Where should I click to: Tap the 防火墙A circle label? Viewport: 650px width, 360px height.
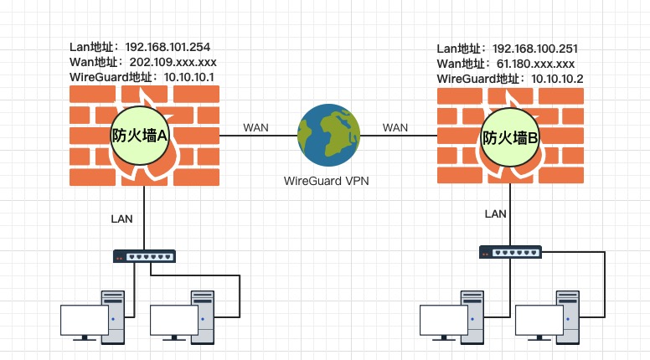(141, 134)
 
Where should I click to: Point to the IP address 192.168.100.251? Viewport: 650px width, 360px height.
(537, 49)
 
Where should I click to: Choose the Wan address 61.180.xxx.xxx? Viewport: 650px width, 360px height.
(534, 64)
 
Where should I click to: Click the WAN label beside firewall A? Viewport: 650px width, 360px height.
(255, 127)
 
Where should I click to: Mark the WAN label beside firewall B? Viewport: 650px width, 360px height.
(395, 127)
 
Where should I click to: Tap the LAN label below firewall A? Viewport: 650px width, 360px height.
(122, 219)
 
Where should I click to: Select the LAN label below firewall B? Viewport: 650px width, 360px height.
(495, 214)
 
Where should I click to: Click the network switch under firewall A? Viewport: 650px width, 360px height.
(145, 256)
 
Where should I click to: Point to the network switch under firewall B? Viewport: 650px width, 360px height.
(510, 251)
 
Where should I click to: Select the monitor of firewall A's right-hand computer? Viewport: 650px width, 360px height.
(174, 319)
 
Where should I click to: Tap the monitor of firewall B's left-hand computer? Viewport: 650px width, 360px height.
(444, 320)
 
